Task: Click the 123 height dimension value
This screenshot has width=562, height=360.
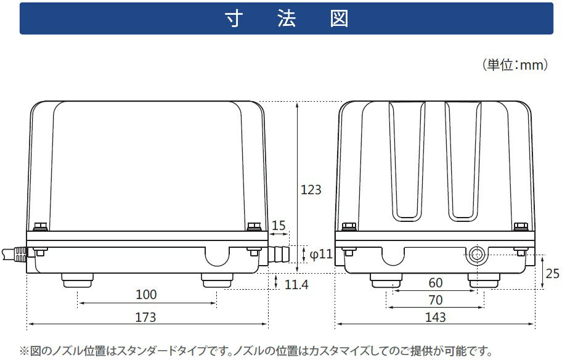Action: (311, 190)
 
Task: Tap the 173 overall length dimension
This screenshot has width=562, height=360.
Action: (145, 317)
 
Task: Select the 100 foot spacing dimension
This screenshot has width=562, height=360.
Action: (146, 295)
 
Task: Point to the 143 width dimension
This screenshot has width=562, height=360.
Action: (436, 317)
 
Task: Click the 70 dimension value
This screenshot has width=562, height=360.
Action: (436, 300)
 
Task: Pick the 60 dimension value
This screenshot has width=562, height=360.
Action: (436, 283)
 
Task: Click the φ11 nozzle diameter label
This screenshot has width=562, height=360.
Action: (321, 254)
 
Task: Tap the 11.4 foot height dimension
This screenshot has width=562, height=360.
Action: (296, 285)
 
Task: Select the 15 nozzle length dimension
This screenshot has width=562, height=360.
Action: (279, 226)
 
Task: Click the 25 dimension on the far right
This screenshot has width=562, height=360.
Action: (552, 274)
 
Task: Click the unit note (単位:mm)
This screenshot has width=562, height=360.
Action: (515, 65)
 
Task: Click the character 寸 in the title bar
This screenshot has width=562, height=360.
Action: (234, 18)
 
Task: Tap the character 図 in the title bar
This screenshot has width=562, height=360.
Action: (339, 18)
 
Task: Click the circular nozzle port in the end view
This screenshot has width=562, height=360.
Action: (476, 255)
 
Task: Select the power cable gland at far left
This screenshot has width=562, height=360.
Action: (14, 254)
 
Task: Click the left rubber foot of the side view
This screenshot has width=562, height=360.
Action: (77, 280)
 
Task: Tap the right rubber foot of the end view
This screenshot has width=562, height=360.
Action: (484, 280)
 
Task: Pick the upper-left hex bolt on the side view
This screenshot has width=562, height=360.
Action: (41, 226)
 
